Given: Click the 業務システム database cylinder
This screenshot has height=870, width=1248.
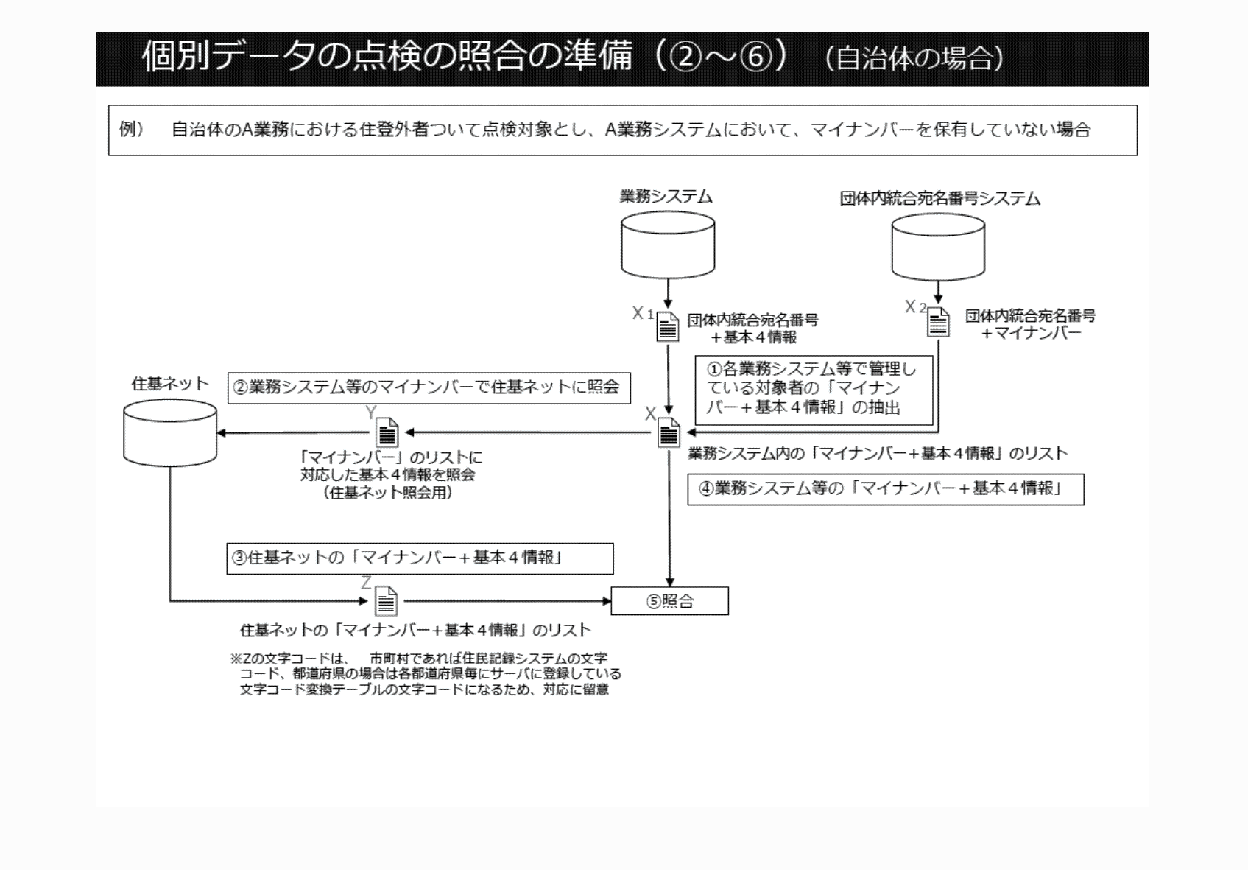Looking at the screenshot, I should [667, 245].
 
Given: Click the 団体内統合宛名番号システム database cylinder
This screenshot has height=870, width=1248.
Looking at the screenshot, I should [938, 248].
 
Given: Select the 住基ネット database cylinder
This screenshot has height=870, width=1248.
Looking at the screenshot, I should [170, 433].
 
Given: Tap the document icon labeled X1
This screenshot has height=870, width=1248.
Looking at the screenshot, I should [667, 326].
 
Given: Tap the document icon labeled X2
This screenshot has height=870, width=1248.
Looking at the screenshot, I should [938, 322].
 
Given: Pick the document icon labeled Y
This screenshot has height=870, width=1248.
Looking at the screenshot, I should [387, 432].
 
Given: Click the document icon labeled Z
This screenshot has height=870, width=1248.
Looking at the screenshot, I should [386, 601].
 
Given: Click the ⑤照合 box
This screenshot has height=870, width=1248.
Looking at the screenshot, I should [669, 601].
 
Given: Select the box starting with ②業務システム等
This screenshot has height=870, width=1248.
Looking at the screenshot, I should [429, 387].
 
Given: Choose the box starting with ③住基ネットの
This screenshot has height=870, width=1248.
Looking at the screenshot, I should [420, 558].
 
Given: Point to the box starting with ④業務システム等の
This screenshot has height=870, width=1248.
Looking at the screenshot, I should [885, 489].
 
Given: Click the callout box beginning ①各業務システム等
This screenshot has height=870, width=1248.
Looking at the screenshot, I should [814, 388].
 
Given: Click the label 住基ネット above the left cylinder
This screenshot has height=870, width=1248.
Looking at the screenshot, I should [170, 384].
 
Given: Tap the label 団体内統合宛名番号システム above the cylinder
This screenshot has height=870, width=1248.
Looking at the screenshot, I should [939, 198].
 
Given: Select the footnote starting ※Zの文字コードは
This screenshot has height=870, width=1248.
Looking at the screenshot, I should [426, 674].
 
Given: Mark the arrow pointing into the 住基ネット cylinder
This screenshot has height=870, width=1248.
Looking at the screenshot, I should [295, 432].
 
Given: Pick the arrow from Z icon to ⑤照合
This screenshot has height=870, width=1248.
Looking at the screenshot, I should [508, 601].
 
